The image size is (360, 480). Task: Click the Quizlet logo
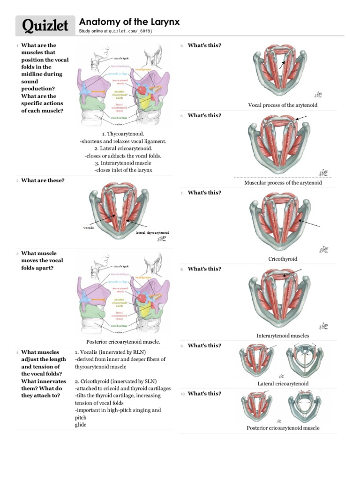(x=42, y=26)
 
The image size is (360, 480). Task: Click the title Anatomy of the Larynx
(x=129, y=22)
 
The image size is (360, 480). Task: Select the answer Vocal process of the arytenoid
(x=282, y=105)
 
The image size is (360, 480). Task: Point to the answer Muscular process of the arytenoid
(x=283, y=183)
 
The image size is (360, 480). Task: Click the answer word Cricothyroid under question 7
(x=283, y=259)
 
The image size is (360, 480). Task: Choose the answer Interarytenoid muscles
(x=283, y=336)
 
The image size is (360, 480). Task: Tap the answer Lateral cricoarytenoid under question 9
(x=283, y=384)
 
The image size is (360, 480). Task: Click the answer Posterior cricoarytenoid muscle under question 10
(x=283, y=428)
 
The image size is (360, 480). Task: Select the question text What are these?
(x=43, y=180)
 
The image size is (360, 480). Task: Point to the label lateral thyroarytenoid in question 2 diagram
(x=152, y=232)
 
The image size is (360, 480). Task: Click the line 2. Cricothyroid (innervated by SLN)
(x=116, y=381)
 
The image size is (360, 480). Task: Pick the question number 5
(x=181, y=46)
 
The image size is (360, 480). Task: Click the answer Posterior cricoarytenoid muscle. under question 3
(x=123, y=342)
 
